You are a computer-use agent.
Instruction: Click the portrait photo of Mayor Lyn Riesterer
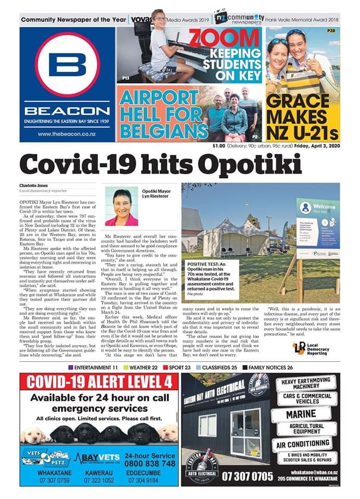pyautogui.click(x=121, y=206)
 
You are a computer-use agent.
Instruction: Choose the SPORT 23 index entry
pyautogui.click(x=177, y=367)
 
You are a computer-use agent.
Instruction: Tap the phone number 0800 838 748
pyautogui.click(x=151, y=463)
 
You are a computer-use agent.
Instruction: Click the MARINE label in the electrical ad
pyautogui.click(x=307, y=414)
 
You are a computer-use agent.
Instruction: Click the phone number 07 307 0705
pyautogui.click(x=247, y=476)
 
